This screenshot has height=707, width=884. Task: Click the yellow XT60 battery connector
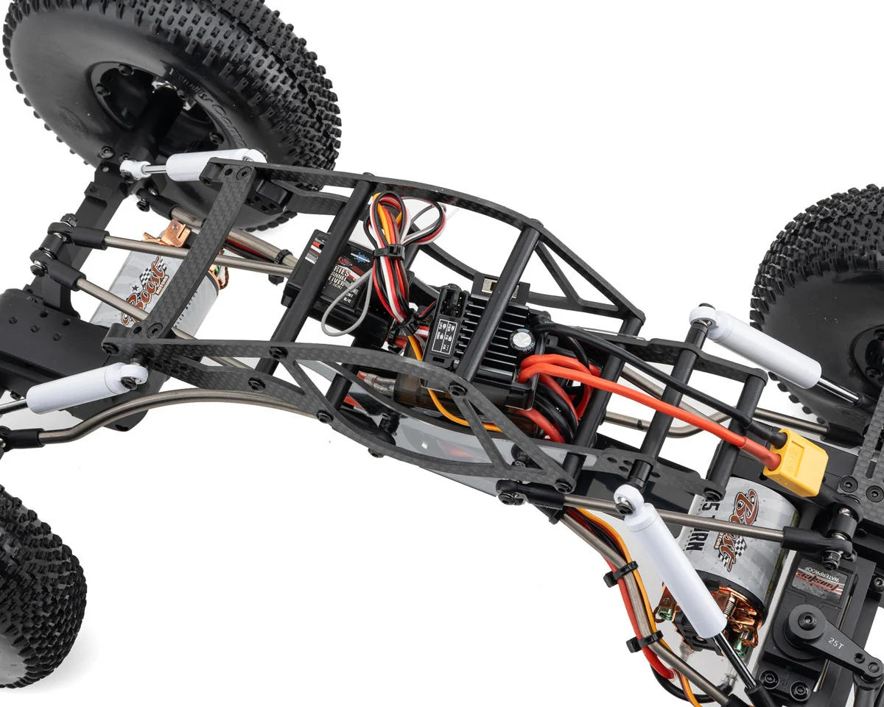[x=796, y=462]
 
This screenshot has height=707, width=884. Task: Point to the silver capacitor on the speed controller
[x=523, y=340]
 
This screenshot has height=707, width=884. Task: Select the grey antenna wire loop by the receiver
[x=340, y=309]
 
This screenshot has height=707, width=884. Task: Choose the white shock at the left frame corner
[x=85, y=387]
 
